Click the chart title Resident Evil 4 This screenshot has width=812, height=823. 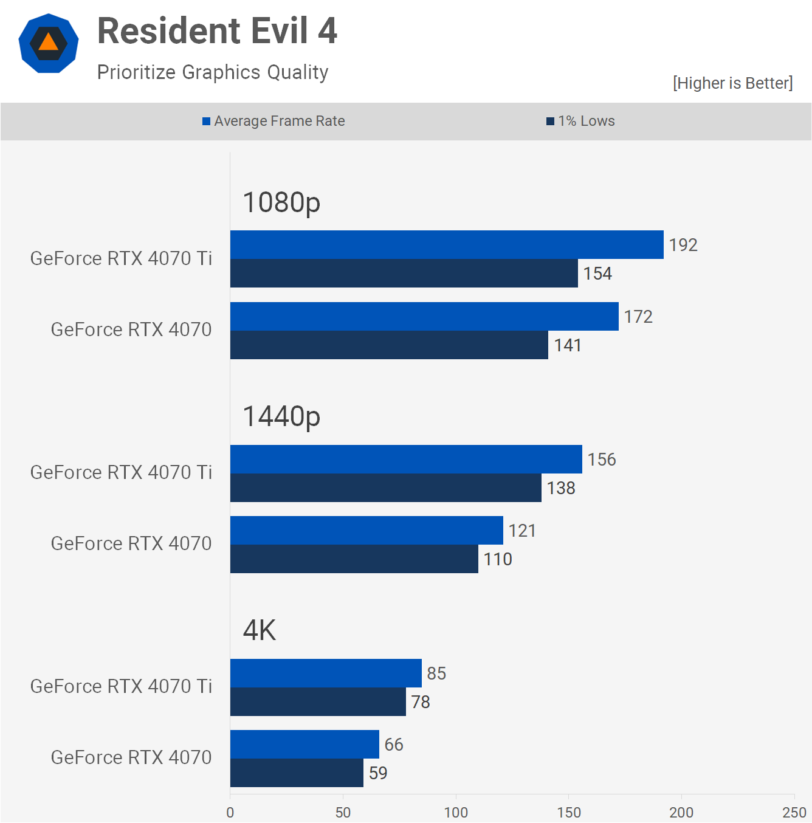coord(217,31)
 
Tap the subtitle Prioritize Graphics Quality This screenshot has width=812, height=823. coord(213,72)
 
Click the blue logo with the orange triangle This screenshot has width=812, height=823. coord(49,43)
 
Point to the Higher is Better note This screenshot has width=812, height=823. coord(732,83)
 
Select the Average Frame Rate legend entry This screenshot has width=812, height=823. coord(274,121)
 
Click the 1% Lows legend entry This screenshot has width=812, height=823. coord(581,121)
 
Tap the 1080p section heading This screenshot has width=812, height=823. coord(281,202)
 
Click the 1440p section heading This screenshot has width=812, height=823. coord(281,416)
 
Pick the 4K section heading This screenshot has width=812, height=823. coord(260,630)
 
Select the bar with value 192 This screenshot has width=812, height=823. coord(447,245)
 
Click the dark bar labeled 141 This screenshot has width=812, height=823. coord(389,345)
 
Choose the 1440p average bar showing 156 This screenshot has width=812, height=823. coord(406,460)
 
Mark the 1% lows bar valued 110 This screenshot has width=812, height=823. coord(354,559)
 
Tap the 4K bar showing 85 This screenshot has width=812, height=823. coord(326,673)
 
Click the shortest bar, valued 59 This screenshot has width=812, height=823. coord(297,773)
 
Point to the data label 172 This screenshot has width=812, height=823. coord(638,317)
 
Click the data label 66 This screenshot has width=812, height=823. coord(394,745)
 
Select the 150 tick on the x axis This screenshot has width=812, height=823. coord(569,813)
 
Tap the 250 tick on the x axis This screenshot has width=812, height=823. coord(794,813)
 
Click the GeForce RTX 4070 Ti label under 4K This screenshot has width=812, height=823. coord(122,686)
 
